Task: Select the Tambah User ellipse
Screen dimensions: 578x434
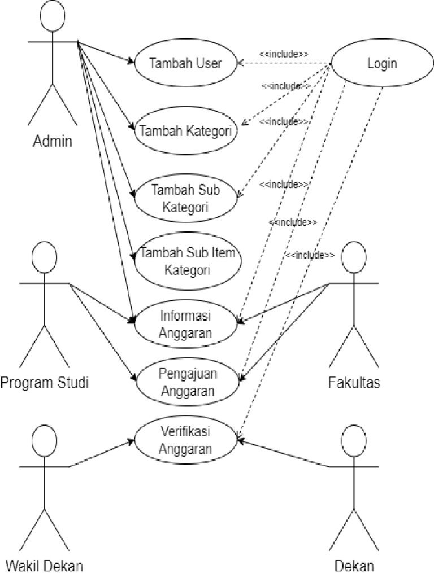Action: click(x=185, y=63)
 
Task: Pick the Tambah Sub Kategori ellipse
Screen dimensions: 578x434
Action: click(x=186, y=198)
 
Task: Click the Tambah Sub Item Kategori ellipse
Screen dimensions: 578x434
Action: click(x=188, y=261)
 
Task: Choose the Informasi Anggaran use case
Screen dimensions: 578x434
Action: click(x=186, y=322)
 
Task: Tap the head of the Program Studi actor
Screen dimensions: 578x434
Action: click(x=44, y=257)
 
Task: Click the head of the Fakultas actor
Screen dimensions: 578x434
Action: click(x=354, y=257)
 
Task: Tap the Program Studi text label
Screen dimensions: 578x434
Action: click(x=45, y=383)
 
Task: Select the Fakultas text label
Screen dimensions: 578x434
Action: click(x=354, y=383)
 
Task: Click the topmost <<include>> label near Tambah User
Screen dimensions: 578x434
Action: click(x=284, y=54)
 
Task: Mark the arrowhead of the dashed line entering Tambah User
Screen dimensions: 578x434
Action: click(x=240, y=63)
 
